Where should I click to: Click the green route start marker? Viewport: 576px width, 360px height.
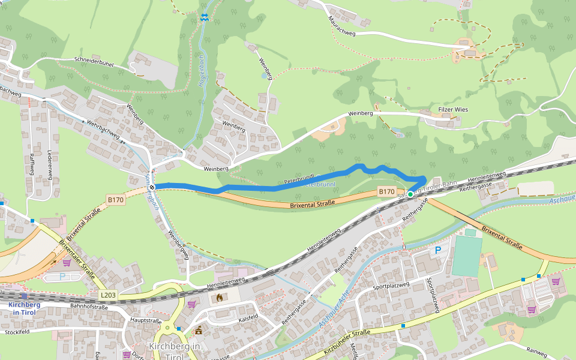pyautogui.click(x=410, y=194)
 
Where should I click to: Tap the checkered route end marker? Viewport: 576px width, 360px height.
pyautogui.click(x=152, y=187)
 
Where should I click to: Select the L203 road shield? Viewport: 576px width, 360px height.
pyautogui.click(x=107, y=296)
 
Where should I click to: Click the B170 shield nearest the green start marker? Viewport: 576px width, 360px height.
pyautogui.click(x=386, y=191)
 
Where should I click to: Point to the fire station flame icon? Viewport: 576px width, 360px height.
pyautogui.click(x=219, y=297)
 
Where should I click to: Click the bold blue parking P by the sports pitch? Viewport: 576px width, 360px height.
pyautogui.click(x=438, y=250)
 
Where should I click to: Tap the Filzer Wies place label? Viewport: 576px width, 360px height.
pyautogui.click(x=452, y=110)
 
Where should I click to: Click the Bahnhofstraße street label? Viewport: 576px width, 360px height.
pyautogui.click(x=89, y=307)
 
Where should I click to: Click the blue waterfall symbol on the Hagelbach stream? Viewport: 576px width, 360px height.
pyautogui.click(x=205, y=17)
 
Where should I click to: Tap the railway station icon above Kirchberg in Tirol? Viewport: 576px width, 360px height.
pyautogui.click(x=24, y=296)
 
